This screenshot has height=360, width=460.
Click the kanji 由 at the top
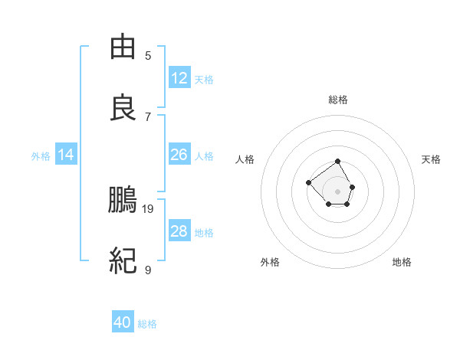tap(123, 47)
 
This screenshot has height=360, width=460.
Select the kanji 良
tap(123, 108)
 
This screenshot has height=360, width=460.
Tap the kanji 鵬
tap(123, 200)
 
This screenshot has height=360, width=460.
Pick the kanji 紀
tap(123, 261)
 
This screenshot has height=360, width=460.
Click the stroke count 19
tap(148, 208)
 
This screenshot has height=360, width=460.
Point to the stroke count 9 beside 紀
tap(148, 270)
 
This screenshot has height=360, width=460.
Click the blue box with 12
tap(179, 78)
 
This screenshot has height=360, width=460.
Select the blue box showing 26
tap(179, 155)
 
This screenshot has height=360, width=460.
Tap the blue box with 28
tap(179, 231)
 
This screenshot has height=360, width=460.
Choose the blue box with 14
tap(66, 155)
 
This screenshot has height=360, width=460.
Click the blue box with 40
tap(123, 322)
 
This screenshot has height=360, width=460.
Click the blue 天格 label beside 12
tap(204, 80)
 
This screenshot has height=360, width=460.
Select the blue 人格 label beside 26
tap(204, 156)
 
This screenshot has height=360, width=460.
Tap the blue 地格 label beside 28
tap(204, 233)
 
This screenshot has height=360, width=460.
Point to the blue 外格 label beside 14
tap(41, 156)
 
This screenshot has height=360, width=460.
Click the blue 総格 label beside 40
tap(147, 324)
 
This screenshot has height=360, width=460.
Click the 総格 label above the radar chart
tap(338, 100)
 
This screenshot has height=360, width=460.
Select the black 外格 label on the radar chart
tap(270, 262)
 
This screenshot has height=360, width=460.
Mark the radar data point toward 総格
tap(338, 162)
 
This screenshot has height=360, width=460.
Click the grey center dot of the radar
tap(338, 191)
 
